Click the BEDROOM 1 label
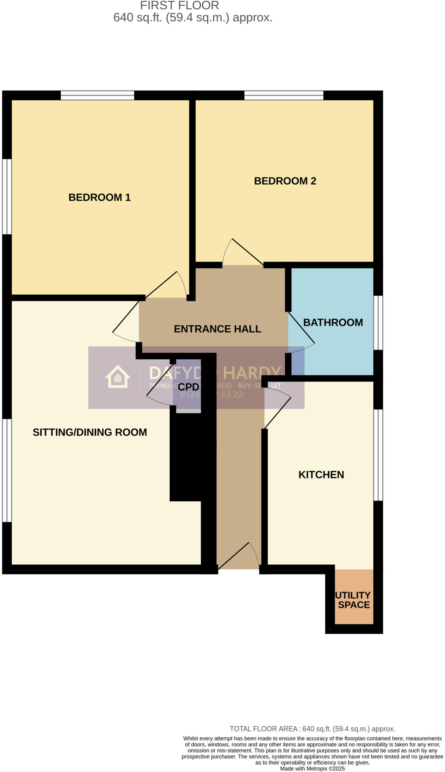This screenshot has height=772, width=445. pos(100,197)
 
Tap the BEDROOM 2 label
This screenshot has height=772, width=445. pos(285,181)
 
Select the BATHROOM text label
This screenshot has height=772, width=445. pos(333,322)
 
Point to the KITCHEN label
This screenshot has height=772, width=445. pos(321,475)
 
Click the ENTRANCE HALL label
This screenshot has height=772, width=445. pos(218,329)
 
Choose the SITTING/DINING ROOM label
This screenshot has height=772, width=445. pos(90,432)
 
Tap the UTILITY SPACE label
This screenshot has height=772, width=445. pos(353,600)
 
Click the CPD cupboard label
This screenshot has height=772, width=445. pos(188,387)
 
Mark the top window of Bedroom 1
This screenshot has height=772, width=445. pos(97,95)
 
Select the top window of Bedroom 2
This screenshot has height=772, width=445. pos(284,95)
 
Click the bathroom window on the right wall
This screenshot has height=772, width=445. pos(378,323)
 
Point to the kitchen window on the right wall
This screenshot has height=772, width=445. pos(378,455)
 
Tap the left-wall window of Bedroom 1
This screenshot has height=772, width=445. pos(7,196)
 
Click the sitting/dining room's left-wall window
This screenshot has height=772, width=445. pos(7,470)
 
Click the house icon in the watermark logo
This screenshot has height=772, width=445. pos(118,377)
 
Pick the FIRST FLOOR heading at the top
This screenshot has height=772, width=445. pos(180,6)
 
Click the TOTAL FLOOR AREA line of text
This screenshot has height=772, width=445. pos(312,729)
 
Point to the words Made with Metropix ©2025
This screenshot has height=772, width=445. pos(312,768)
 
